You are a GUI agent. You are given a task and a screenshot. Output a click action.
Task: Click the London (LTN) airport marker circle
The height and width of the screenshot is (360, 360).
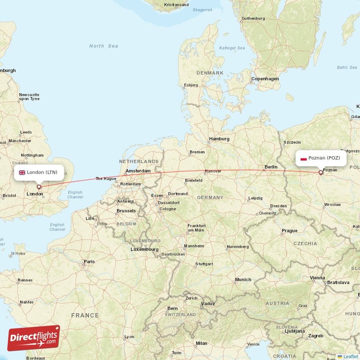click(39, 187)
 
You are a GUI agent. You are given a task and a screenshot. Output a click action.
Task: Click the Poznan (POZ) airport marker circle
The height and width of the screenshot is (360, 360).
click(320, 172)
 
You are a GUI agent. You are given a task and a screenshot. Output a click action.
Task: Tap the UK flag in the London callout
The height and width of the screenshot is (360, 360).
click(22, 172)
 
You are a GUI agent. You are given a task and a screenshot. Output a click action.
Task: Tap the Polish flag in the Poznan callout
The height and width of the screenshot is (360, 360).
click(304, 158)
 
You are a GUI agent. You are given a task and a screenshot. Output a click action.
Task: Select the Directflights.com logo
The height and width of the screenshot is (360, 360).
click(34, 338)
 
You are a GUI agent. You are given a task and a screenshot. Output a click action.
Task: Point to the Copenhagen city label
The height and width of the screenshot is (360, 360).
click(265, 79)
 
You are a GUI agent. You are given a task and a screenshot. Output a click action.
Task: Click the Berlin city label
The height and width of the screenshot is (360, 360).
click(271, 167)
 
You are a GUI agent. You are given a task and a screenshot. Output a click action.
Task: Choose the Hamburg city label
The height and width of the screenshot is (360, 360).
click(219, 139)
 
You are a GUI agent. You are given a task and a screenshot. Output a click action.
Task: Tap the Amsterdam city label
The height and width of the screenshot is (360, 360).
click(138, 171)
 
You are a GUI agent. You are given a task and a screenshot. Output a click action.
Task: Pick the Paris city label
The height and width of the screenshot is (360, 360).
click(89, 261)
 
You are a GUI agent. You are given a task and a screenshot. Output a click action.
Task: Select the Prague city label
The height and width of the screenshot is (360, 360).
click(289, 231)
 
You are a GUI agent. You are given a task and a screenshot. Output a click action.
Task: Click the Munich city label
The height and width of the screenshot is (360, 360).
click(243, 279)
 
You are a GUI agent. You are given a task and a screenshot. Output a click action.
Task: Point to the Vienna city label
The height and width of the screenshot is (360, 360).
click(317, 278)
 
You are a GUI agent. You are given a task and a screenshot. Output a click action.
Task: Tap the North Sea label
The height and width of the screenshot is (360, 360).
click(103, 46)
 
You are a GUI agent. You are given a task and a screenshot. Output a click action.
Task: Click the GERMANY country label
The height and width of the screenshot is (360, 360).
click(210, 198)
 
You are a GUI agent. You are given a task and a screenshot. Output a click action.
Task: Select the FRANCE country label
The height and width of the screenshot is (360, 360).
click(84, 315)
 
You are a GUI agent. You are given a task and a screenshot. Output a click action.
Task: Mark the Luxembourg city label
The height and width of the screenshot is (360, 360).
click(144, 249)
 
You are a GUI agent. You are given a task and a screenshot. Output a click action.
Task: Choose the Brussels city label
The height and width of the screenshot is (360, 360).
click(126, 211)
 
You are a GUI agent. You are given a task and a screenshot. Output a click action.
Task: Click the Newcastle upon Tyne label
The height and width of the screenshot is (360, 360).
click(29, 97)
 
